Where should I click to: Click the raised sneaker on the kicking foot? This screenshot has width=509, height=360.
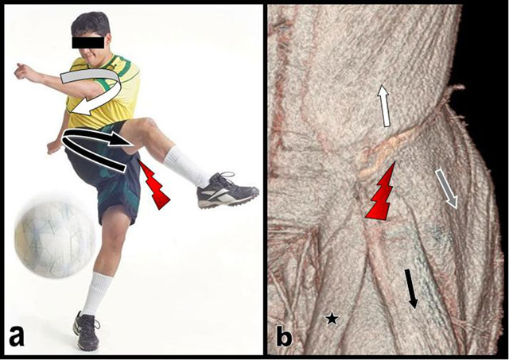pos(226,191)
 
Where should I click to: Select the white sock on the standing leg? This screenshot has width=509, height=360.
pos(95,292)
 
